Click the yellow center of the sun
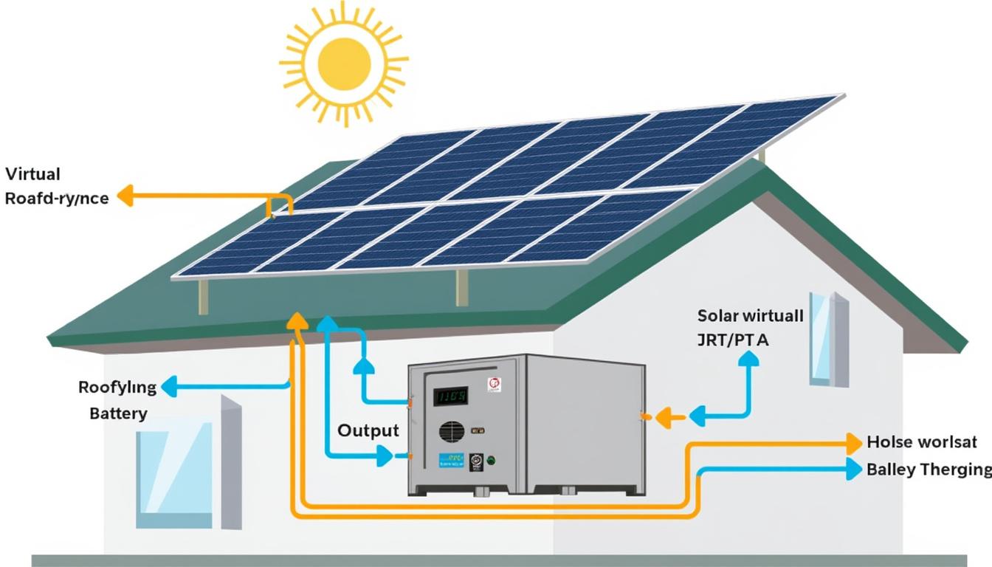coord(343,62)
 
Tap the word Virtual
coord(32,175)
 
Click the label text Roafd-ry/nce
coord(56,199)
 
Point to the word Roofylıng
coord(117,388)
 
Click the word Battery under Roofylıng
coord(118,413)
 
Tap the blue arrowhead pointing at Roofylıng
coord(169,385)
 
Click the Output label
coord(368,430)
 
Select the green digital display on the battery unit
coord(450,396)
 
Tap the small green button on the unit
coord(491,459)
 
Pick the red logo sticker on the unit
coord(494,385)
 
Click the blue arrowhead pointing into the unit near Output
coord(385,456)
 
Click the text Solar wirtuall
coord(750,316)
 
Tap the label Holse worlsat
coord(922,443)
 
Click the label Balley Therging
coord(929,469)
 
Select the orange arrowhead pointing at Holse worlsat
coord(854,443)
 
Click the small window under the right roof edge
coord(828,338)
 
